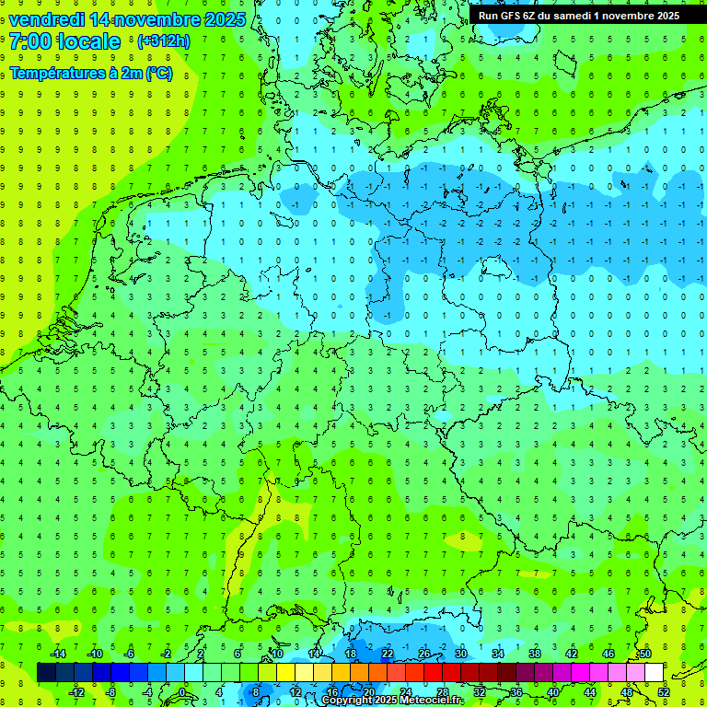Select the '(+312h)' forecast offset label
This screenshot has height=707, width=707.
(163, 41)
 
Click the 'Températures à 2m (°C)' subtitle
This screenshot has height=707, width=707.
(91, 74)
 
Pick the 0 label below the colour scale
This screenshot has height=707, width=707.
(182, 692)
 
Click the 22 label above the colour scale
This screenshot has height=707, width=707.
(388, 654)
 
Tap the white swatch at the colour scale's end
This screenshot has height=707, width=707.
(654, 673)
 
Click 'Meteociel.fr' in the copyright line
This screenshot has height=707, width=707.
(430, 701)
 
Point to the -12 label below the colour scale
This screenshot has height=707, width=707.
(77, 692)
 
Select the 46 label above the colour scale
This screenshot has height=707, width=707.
(608, 654)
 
